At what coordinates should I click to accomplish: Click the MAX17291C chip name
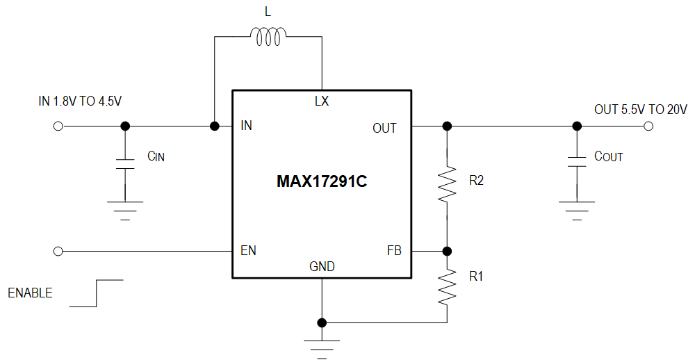[322, 182]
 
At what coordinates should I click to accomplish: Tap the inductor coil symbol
[268, 37]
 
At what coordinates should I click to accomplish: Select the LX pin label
[321, 101]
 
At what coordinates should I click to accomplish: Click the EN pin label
[248, 251]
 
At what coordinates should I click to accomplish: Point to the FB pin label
[394, 251]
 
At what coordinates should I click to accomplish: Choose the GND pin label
[322, 267]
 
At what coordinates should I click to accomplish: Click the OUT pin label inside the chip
[384, 128]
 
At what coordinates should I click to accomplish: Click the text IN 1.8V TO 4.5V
[80, 101]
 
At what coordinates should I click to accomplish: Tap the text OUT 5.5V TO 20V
[640, 109]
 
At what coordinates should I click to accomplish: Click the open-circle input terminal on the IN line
[58, 126]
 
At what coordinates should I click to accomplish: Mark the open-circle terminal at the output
[648, 126]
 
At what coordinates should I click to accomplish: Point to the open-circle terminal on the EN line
[58, 251]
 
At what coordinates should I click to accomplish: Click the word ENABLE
[30, 293]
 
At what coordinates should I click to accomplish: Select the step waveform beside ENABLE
[97, 293]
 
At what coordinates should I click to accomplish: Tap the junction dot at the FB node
[447, 251]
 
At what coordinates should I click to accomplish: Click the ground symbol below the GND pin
[322, 346]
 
